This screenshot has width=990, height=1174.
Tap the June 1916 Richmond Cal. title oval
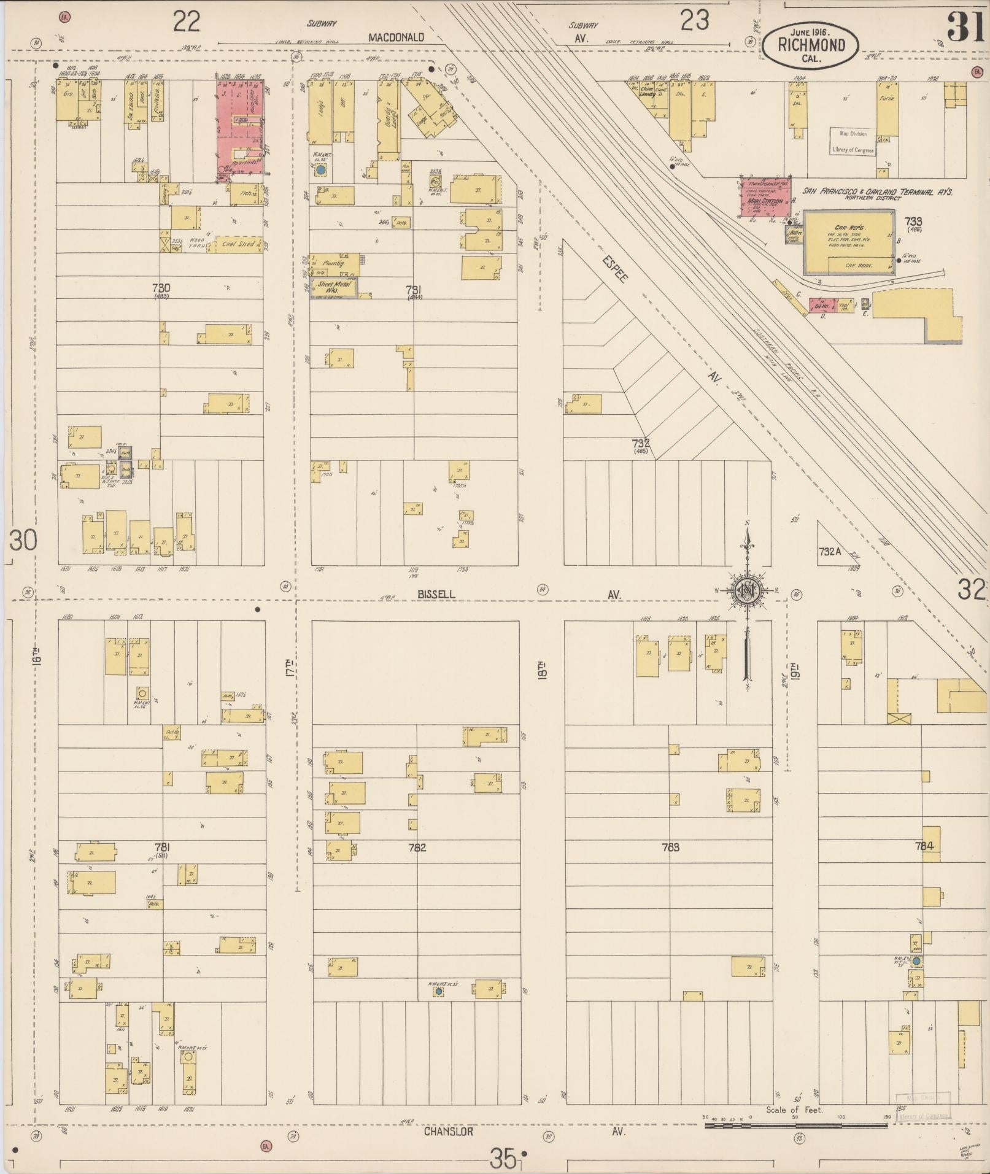(811, 45)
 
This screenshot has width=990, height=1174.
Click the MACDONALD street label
(396, 37)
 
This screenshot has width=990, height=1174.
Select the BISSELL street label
(437, 594)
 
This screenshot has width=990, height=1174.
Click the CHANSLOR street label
(448, 1131)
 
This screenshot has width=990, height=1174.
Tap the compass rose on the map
(748, 591)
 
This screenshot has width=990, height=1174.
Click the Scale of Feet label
(794, 1110)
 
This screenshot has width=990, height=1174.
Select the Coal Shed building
(238, 244)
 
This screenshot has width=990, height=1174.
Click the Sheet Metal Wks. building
(334, 287)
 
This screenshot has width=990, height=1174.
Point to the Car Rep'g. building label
(849, 227)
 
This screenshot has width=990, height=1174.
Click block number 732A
(829, 552)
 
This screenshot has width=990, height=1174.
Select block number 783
(671, 848)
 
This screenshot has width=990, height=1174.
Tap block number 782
(417, 848)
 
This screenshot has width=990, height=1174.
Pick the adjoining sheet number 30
(23, 541)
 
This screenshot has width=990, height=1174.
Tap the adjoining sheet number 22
(187, 22)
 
